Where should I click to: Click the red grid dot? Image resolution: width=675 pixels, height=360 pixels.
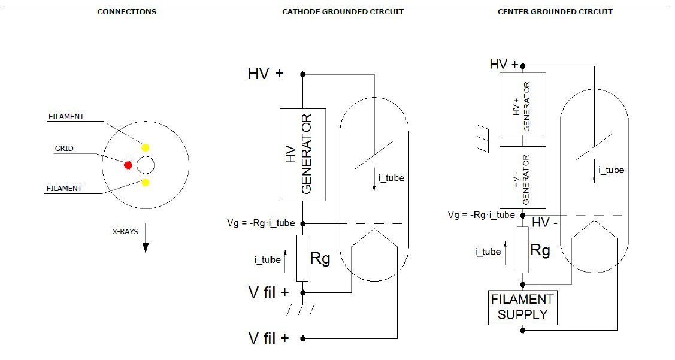[128, 165]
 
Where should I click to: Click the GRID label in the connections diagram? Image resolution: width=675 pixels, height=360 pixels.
[64, 149]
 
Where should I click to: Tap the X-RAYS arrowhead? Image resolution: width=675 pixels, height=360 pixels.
[146, 247]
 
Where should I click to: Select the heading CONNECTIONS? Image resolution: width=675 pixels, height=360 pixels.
[127, 12]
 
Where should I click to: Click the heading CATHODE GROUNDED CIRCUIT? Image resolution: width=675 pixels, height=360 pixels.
[343, 12]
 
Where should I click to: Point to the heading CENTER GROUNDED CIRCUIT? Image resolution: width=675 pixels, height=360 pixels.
[555, 12]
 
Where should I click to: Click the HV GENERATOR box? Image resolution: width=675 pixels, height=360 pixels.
[302, 155]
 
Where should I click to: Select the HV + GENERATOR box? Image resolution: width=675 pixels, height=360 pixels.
[523, 104]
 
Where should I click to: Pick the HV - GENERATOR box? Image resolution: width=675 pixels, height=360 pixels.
[523, 177]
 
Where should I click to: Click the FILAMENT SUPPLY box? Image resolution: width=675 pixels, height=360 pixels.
[523, 307]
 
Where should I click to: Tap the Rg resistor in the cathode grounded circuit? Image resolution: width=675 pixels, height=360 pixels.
[302, 258]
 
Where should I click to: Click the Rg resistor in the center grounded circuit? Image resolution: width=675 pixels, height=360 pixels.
[523, 249]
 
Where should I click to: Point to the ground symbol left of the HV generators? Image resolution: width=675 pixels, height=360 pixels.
[483, 138]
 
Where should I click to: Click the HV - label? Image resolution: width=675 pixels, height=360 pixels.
[544, 223]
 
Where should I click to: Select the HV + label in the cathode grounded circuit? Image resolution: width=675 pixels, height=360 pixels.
[265, 74]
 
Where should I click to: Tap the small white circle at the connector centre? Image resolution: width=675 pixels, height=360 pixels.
[146, 165]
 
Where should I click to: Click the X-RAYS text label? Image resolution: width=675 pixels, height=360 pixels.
[125, 232]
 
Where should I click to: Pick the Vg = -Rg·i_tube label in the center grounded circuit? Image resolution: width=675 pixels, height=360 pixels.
[482, 215]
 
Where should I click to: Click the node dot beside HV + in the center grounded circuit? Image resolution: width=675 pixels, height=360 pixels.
[523, 66]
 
